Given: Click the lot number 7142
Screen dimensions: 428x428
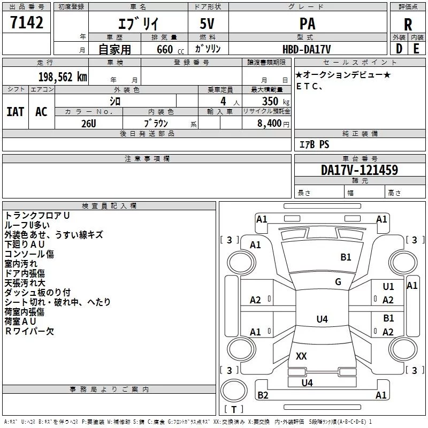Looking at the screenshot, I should tap(26, 23).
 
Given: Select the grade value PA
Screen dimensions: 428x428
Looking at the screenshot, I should tap(307, 24).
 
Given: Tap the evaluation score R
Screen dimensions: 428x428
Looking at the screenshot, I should tap(408, 24).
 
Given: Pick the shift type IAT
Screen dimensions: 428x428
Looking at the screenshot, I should tap(15, 111).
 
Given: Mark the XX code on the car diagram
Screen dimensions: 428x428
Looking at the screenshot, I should tap(301, 356).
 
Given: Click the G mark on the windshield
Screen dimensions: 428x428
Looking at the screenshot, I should tap(338, 281).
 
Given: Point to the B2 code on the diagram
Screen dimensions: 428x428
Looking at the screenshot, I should tap(263, 395).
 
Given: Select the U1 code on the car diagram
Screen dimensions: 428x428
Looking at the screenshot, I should tap(388, 287).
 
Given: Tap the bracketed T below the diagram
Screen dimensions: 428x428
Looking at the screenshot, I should tap(233, 410).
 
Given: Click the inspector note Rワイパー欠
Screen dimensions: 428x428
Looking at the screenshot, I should tap(29, 331).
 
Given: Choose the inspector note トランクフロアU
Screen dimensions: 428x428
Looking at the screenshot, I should tap(37, 216).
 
